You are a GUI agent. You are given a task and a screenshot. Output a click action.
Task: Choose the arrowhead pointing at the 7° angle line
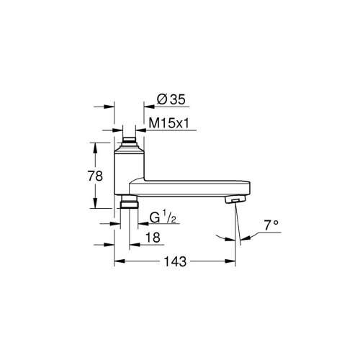pyautogui.click(x=248, y=237)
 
